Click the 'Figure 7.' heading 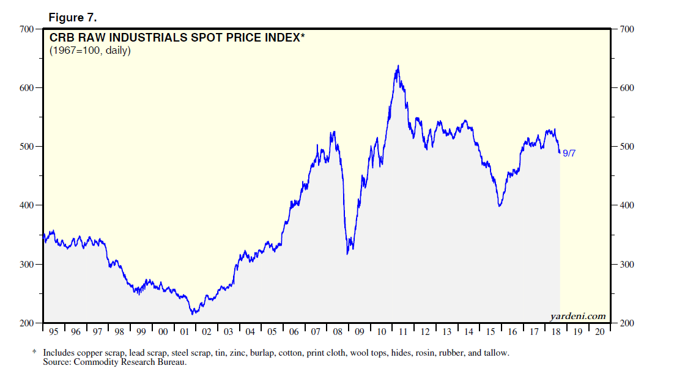point(73,17)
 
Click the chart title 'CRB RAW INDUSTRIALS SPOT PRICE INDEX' point(177,38)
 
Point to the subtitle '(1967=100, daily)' point(90,51)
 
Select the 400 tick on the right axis point(628,205)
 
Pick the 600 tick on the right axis point(628,88)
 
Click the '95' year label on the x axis point(54,332)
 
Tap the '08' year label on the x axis point(338,332)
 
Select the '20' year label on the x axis point(599,332)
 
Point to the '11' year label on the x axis point(403,332)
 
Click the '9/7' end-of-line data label point(569,153)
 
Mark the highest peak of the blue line point(399,66)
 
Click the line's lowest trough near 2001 point(193,314)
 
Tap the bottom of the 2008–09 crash point(347,254)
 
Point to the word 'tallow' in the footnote point(495,353)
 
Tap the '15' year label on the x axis point(491,332)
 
